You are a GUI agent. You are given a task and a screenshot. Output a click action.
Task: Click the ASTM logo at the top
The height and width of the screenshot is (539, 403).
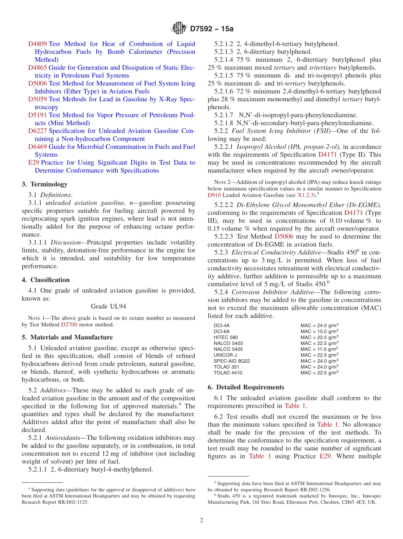point(179,28)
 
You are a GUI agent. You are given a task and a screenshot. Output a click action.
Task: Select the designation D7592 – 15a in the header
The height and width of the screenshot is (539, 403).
point(212,29)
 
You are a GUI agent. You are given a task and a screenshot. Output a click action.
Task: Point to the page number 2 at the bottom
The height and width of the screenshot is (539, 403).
point(201,520)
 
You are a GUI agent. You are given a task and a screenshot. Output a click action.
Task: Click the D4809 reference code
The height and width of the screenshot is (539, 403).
point(37,44)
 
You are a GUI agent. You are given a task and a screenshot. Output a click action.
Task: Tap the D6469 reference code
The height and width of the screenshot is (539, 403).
point(37,147)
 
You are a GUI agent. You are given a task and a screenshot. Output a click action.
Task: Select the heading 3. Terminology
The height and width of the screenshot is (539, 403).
point(45,184)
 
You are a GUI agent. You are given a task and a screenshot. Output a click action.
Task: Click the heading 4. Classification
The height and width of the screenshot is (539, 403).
point(45,280)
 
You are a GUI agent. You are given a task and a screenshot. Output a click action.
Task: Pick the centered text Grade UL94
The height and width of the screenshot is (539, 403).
point(108,306)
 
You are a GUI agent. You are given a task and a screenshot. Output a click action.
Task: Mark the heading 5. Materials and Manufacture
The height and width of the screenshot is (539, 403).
point(67,338)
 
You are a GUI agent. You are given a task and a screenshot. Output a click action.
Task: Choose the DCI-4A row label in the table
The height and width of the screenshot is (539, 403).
point(221,325)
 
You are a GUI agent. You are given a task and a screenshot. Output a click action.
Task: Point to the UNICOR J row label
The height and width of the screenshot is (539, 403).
point(225,355)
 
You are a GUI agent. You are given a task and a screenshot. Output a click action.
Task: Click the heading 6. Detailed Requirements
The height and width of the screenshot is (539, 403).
point(246,387)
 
